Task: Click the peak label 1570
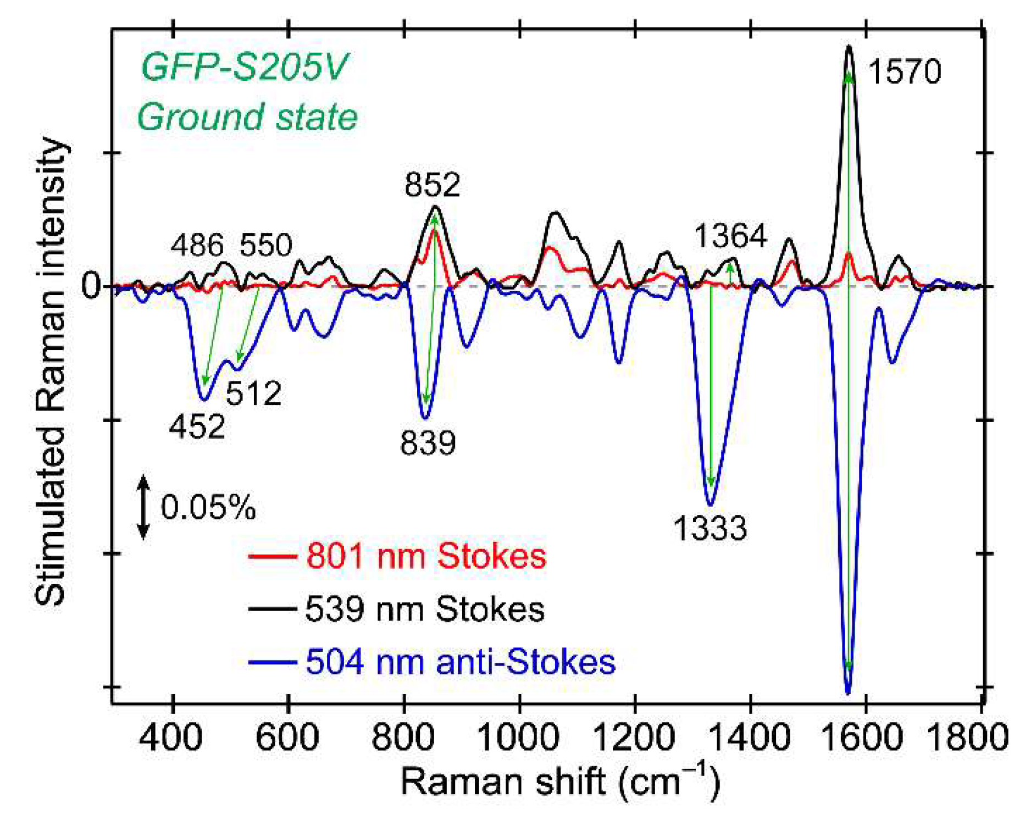point(904,72)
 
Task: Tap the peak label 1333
point(709,528)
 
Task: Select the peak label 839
point(428,442)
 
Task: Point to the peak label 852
point(432,185)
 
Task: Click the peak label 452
point(197,426)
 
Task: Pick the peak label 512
point(253,393)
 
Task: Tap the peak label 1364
point(730,236)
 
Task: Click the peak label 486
point(197,245)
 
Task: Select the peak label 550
point(265,245)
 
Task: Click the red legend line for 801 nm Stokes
point(272,556)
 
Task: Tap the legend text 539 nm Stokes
point(424,609)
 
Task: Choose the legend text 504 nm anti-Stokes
point(460,662)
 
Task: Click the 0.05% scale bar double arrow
point(143,507)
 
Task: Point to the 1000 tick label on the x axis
point(519,737)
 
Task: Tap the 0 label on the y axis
point(91,286)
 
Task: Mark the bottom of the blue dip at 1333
point(710,505)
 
